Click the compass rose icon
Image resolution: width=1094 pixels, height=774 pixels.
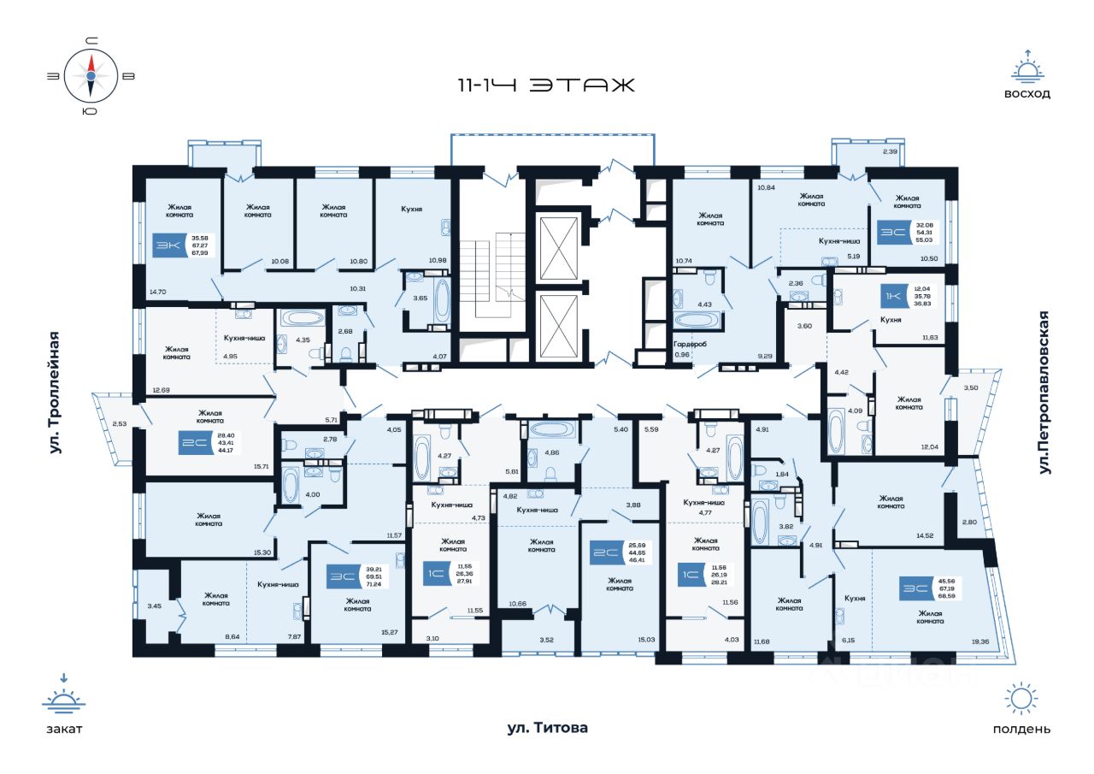tap(90, 75)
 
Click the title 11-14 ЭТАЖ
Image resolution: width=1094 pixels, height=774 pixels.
tap(546, 86)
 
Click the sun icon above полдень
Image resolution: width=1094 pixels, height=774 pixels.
tap(1021, 699)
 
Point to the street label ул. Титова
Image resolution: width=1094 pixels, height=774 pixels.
tap(547, 729)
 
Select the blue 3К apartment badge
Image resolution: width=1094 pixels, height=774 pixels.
tap(163, 246)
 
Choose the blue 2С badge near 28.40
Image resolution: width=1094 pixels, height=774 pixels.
tap(188, 442)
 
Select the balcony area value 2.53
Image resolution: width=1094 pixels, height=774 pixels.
tap(119, 422)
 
